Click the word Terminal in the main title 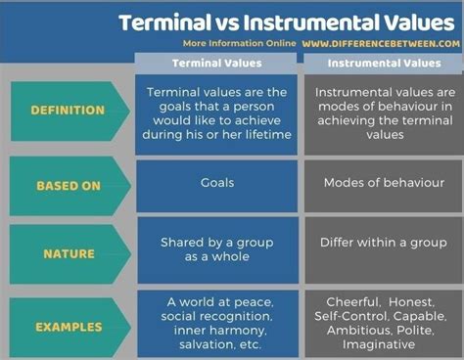164,22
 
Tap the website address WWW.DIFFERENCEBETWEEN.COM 381,44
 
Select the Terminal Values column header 217,63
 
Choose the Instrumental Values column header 385,63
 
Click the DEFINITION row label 68,111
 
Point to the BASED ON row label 69,186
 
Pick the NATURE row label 69,253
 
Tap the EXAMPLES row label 69,327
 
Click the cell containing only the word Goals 217,186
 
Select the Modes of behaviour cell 384,186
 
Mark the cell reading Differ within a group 384,250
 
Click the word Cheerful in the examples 353,302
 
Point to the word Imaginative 379,344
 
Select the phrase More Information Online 239,43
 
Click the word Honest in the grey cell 411,302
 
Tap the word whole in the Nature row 230,256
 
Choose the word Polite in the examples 415,331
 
